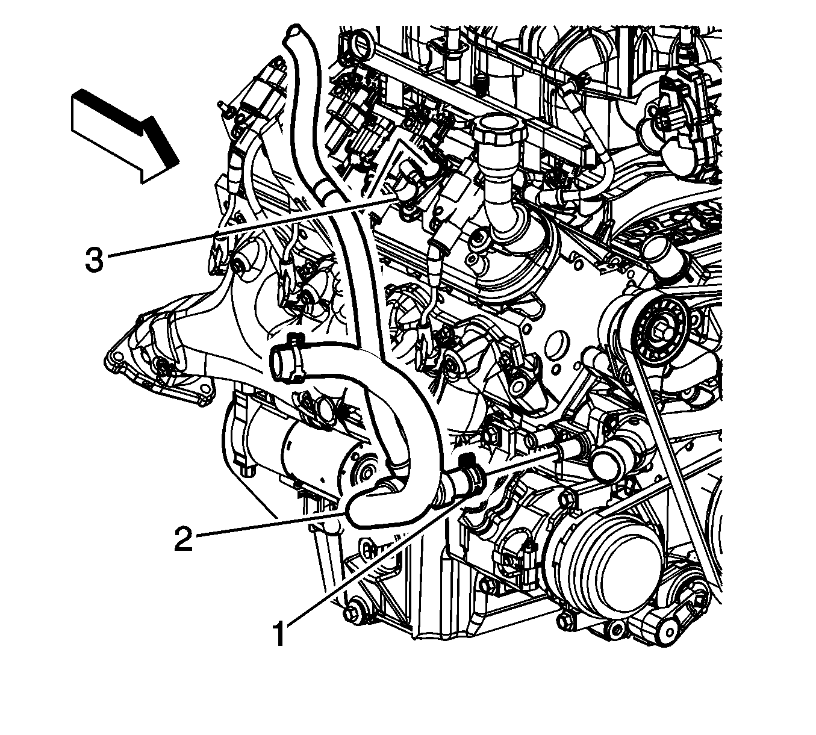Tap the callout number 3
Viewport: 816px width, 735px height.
pyautogui.click(x=95, y=260)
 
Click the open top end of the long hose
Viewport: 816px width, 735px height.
pyautogui.click(x=294, y=31)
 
